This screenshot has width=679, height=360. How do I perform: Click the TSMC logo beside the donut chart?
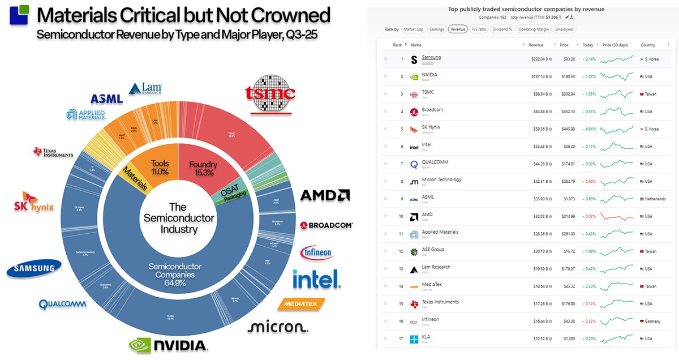coord(270,94)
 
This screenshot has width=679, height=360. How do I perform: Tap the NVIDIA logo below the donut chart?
coord(167,345)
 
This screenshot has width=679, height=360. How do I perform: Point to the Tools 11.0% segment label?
coord(160,167)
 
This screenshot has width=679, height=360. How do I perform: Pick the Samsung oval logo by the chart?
coord(34,269)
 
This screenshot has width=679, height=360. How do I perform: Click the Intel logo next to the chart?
coord(316,278)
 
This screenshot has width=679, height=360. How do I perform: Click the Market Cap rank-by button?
coord(414,29)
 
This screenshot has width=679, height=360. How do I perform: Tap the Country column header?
coord(647,45)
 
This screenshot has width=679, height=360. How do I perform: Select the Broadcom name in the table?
coord(433,110)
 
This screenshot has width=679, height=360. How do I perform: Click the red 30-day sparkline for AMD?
coord(617,216)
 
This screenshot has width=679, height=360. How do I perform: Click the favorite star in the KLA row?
coord(386,339)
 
